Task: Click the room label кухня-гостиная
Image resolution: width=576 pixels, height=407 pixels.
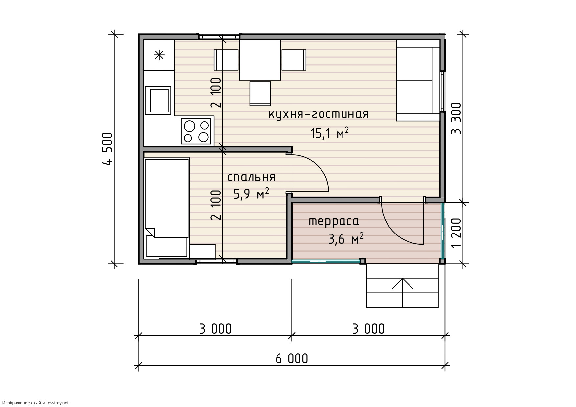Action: click(x=319, y=114)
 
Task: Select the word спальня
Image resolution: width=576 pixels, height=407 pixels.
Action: click(x=251, y=178)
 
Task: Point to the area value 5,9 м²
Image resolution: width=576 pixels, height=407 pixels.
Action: click(x=251, y=194)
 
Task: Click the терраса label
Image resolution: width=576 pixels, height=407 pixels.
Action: click(x=334, y=222)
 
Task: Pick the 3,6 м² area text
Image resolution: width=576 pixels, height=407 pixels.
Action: click(x=345, y=238)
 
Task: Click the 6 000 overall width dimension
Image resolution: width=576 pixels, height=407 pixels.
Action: click(x=292, y=358)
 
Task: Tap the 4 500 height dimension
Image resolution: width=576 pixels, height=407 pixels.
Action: click(x=108, y=149)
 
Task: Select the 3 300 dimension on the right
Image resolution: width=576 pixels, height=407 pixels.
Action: click(x=456, y=119)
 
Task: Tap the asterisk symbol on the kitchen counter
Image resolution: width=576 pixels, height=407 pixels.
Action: click(x=159, y=55)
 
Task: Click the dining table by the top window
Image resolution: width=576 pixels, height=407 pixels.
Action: click(x=260, y=60)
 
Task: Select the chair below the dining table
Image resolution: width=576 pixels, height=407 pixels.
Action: click(x=260, y=94)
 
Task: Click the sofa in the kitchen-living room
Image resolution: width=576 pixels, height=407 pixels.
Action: click(x=418, y=80)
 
